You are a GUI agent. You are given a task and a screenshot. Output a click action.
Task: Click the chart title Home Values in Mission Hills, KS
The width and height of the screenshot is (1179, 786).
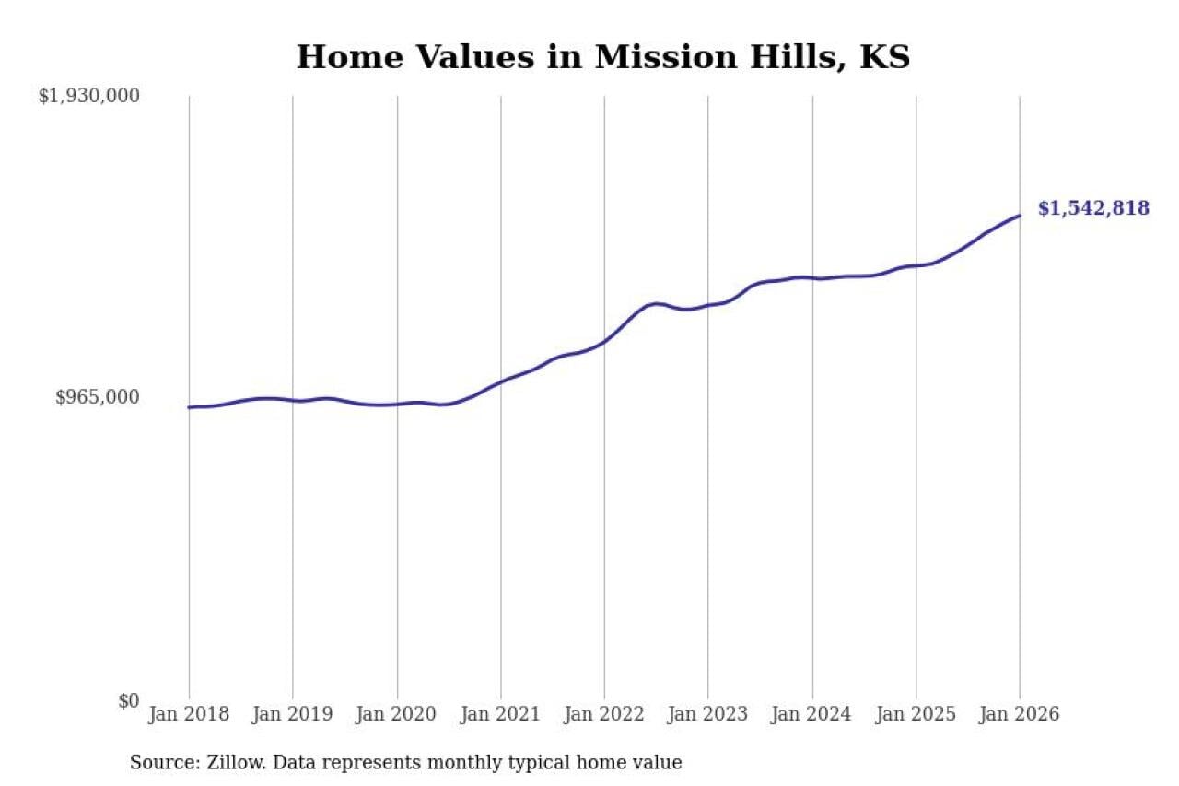(602, 57)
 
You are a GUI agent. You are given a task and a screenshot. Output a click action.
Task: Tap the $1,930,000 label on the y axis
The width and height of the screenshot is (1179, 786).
(88, 95)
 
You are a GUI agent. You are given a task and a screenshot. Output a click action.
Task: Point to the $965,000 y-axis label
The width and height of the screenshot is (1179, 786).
(97, 397)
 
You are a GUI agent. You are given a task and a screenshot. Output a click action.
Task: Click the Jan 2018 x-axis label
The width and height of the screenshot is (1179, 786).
(189, 714)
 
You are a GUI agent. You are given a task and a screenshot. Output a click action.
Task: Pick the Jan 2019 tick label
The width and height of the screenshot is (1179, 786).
(293, 714)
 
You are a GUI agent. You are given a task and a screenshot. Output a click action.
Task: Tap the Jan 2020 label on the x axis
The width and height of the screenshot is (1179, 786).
(397, 714)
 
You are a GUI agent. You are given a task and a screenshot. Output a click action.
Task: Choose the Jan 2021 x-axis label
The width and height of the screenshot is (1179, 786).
(501, 714)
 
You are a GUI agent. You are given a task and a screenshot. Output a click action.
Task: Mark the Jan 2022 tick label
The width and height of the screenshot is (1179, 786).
(604, 714)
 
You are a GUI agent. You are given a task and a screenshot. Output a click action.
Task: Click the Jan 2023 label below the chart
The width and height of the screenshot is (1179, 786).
(708, 714)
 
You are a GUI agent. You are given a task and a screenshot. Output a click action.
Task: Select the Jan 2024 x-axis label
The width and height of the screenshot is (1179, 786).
(812, 714)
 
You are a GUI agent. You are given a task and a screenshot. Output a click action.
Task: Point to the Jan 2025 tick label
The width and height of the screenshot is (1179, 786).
(916, 714)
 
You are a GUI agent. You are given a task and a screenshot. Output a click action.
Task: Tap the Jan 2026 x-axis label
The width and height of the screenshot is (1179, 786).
(1020, 714)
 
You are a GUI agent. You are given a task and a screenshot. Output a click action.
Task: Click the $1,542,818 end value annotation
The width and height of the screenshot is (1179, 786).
(1093, 208)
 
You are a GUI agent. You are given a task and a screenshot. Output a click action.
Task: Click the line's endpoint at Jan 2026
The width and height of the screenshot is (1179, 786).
(1020, 216)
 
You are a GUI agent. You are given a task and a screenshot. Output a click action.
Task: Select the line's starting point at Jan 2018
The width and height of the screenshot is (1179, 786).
(189, 407)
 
